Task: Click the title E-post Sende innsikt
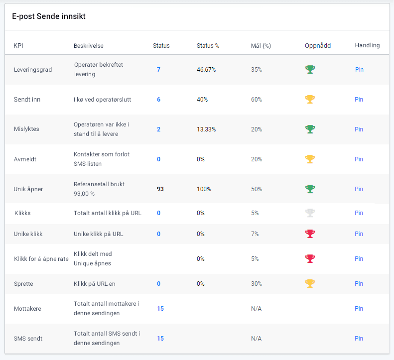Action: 49,16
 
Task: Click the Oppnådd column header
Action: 317,45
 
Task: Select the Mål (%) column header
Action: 261,45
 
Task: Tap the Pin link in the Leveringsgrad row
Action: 359,70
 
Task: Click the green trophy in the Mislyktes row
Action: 310,129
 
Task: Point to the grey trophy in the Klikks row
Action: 310,213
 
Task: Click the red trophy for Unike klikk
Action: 310,234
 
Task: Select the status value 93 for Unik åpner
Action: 160,189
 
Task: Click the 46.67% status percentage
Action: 206,70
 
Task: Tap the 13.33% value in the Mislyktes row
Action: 206,129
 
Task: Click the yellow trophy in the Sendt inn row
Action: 310,100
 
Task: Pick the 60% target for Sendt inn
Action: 257,100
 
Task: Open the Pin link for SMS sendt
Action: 359,339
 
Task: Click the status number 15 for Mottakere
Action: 160,309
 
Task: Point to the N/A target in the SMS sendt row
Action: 256,339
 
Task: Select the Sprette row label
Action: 24,284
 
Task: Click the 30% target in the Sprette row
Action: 257,284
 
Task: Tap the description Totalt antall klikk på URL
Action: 107,213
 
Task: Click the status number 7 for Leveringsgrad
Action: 158,70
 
